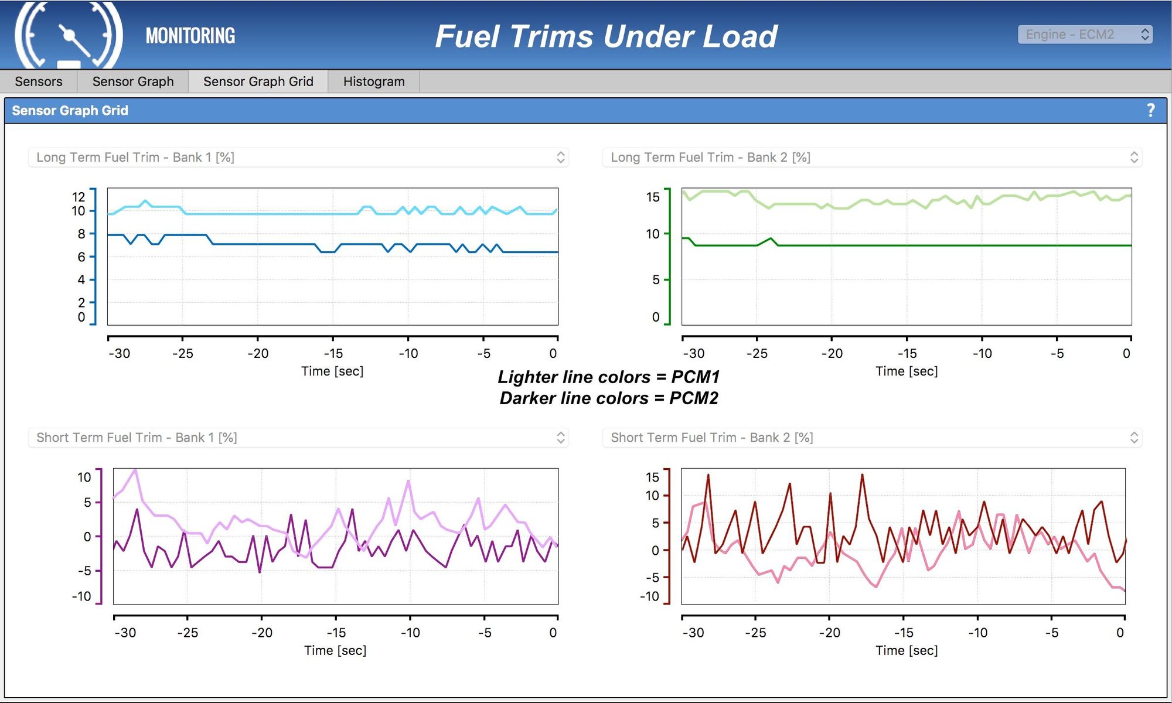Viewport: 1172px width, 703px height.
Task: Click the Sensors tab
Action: [39, 81]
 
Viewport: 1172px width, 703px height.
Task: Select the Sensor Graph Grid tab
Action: [258, 81]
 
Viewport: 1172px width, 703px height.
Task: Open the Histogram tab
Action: [374, 81]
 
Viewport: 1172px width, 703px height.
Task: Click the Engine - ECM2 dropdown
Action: [1085, 35]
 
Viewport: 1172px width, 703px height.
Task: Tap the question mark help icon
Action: [1150, 110]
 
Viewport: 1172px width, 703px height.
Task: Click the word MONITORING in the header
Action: [190, 36]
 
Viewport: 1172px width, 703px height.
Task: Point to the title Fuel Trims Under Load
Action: [606, 36]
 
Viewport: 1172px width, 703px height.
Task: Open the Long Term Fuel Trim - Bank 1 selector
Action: [298, 158]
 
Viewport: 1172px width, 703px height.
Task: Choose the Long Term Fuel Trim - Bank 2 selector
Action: [872, 158]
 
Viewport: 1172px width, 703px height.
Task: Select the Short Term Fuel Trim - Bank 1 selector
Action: [298, 438]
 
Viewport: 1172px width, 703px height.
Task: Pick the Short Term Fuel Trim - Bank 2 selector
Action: [872, 438]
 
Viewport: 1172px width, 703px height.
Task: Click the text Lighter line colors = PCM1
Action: [608, 377]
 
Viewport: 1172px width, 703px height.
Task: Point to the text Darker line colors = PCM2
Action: [608, 398]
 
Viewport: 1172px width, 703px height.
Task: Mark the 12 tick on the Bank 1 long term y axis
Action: [79, 197]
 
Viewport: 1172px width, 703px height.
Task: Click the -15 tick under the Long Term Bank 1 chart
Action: [333, 353]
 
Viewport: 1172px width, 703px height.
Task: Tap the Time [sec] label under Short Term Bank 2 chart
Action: [907, 650]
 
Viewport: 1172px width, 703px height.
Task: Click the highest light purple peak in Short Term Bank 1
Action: [135, 470]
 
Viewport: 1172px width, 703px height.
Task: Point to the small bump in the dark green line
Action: [771, 239]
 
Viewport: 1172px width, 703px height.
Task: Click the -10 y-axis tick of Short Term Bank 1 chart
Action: [81, 596]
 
